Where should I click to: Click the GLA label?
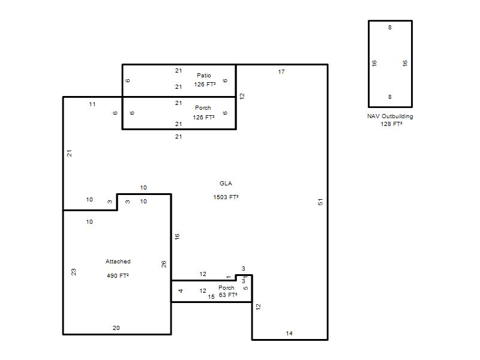click(x=226, y=184)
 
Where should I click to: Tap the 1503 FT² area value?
click(x=226, y=197)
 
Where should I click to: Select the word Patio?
click(x=204, y=76)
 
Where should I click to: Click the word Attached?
click(x=118, y=262)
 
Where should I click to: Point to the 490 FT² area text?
click(x=118, y=275)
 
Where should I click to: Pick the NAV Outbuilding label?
click(x=390, y=116)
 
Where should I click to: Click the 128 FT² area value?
click(x=391, y=124)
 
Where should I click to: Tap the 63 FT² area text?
click(x=228, y=295)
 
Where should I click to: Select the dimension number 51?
click(x=320, y=202)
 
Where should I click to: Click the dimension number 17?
click(x=281, y=72)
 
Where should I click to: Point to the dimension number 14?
click(x=289, y=334)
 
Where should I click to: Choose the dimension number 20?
click(x=116, y=328)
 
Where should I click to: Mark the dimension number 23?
click(x=73, y=272)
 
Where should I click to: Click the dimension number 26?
click(x=164, y=264)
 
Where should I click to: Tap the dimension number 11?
click(x=92, y=104)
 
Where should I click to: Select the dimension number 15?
click(x=211, y=296)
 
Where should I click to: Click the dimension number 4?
click(x=181, y=291)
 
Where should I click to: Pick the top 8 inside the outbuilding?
click(x=389, y=28)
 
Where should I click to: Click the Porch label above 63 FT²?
click(x=226, y=288)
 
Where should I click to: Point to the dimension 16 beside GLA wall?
click(x=177, y=236)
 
